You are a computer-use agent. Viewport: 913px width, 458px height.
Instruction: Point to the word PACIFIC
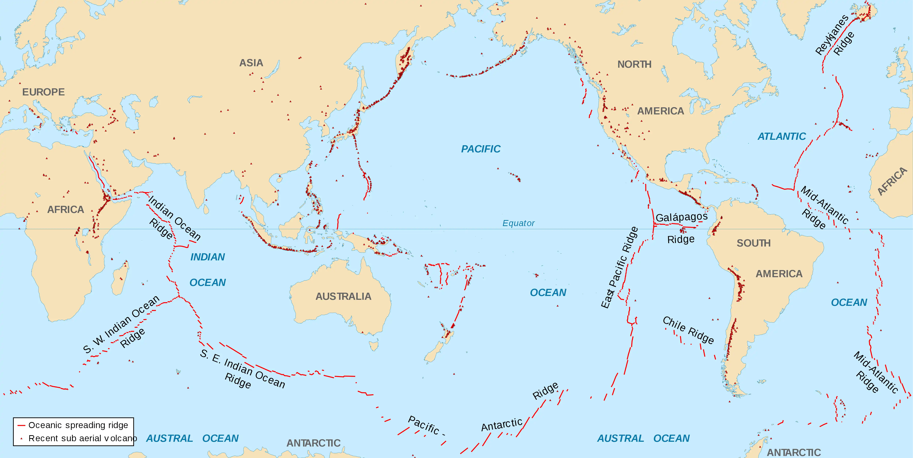point(481,149)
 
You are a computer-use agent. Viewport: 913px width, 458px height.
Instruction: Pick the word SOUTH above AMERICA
point(753,243)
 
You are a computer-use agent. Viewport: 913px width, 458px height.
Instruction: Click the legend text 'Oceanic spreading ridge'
point(78,425)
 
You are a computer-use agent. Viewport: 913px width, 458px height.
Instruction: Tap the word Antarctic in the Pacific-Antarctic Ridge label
point(501,424)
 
